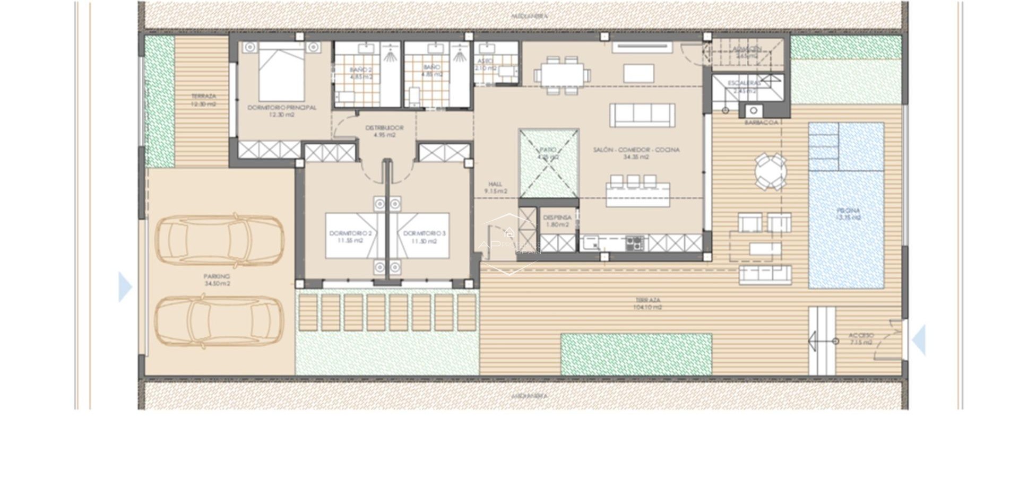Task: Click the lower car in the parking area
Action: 219,321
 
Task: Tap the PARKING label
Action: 217,276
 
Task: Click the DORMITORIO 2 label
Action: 350,233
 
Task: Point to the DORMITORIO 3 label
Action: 425,233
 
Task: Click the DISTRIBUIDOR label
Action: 384,128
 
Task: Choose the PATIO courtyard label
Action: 548,150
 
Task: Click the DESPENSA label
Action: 557,217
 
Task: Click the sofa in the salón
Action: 642,115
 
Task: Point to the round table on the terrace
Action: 771,171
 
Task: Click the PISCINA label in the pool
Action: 848,211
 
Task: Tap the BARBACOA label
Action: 761,123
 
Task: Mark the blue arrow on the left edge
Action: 125,287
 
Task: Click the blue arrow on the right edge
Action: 919,339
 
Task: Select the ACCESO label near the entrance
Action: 861,336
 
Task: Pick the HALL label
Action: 495,184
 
